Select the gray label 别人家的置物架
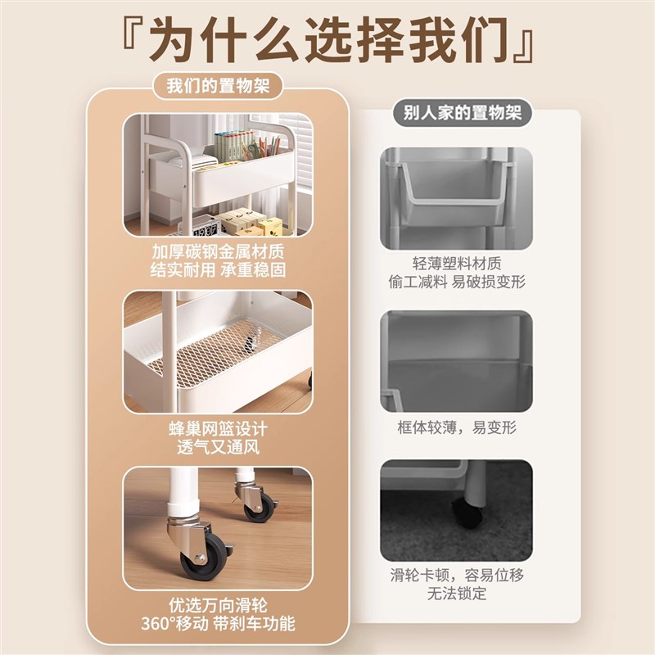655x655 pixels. (x=462, y=113)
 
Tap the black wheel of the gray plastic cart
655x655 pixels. (x=468, y=513)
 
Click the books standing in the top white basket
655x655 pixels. (x=240, y=147)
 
